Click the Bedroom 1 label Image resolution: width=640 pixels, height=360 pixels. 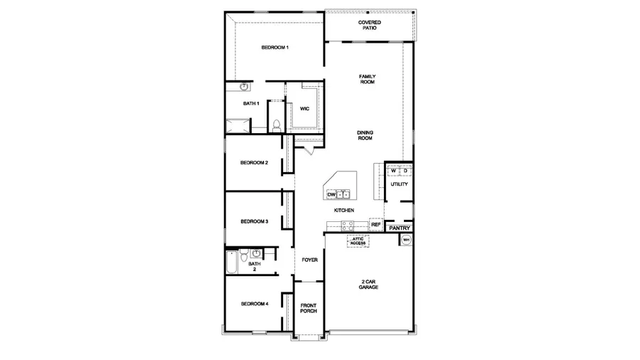274,48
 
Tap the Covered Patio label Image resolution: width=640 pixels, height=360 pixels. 369,26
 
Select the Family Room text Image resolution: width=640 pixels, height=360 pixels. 367,79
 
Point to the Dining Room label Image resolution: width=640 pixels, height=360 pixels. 365,135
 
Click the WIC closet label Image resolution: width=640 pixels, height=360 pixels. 304,109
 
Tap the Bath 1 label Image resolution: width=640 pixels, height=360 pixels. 251,103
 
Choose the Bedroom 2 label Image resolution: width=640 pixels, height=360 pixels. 254,163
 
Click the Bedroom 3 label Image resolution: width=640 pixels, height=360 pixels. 254,221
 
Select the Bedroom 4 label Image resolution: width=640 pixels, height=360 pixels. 254,304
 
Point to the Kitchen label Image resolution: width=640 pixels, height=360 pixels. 344,211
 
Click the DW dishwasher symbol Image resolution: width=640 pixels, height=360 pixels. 331,194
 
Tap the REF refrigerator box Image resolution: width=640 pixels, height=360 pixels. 376,225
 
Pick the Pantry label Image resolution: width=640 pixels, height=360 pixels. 400,228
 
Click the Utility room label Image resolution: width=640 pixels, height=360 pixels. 399,184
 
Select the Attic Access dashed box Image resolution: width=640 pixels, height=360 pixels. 357,241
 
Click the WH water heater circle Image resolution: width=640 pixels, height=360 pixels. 406,240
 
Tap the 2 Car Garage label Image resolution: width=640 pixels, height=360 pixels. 368,285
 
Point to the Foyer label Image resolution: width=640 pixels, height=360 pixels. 309,260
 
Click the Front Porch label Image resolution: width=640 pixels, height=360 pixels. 309,307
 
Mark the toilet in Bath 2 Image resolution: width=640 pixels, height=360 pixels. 242,254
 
